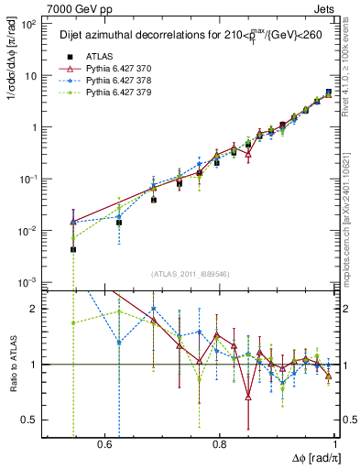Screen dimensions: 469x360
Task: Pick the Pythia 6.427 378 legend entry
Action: [111, 81]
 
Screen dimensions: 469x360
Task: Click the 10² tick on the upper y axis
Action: [29, 25]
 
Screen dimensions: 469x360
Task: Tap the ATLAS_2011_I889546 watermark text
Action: [191, 274]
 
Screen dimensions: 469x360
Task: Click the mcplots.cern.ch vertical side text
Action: [351, 238]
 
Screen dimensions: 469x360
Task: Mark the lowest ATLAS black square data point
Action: [73, 249]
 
